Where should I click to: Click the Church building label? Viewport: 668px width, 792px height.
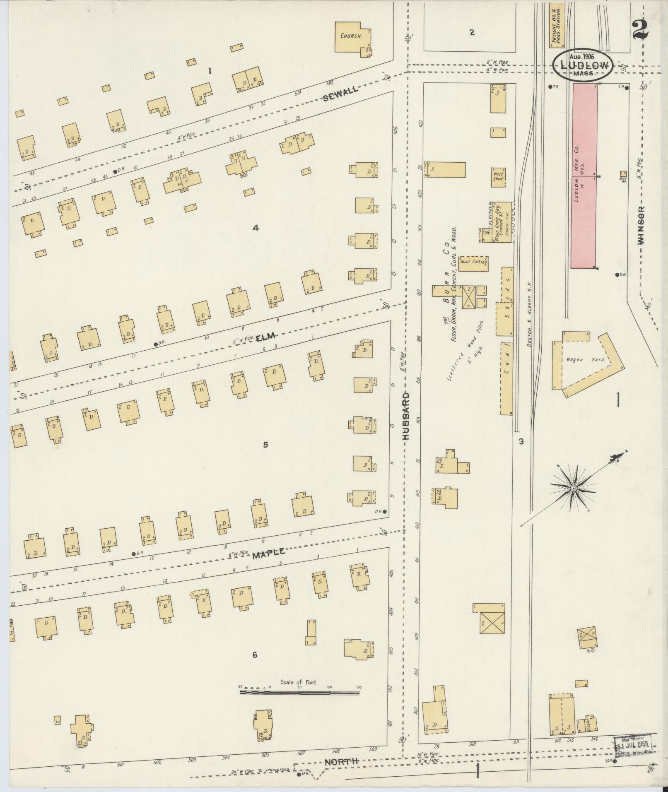coord(351,36)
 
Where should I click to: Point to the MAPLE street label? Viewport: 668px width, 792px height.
coord(269,553)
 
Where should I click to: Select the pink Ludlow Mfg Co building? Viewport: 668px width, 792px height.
coord(584,176)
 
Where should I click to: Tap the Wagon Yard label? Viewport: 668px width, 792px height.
coord(586,360)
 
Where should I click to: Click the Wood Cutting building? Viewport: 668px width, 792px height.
coord(473,262)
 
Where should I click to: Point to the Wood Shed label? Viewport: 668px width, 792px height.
coord(498,176)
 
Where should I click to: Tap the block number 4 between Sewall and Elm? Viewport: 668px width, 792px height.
coord(256,228)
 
